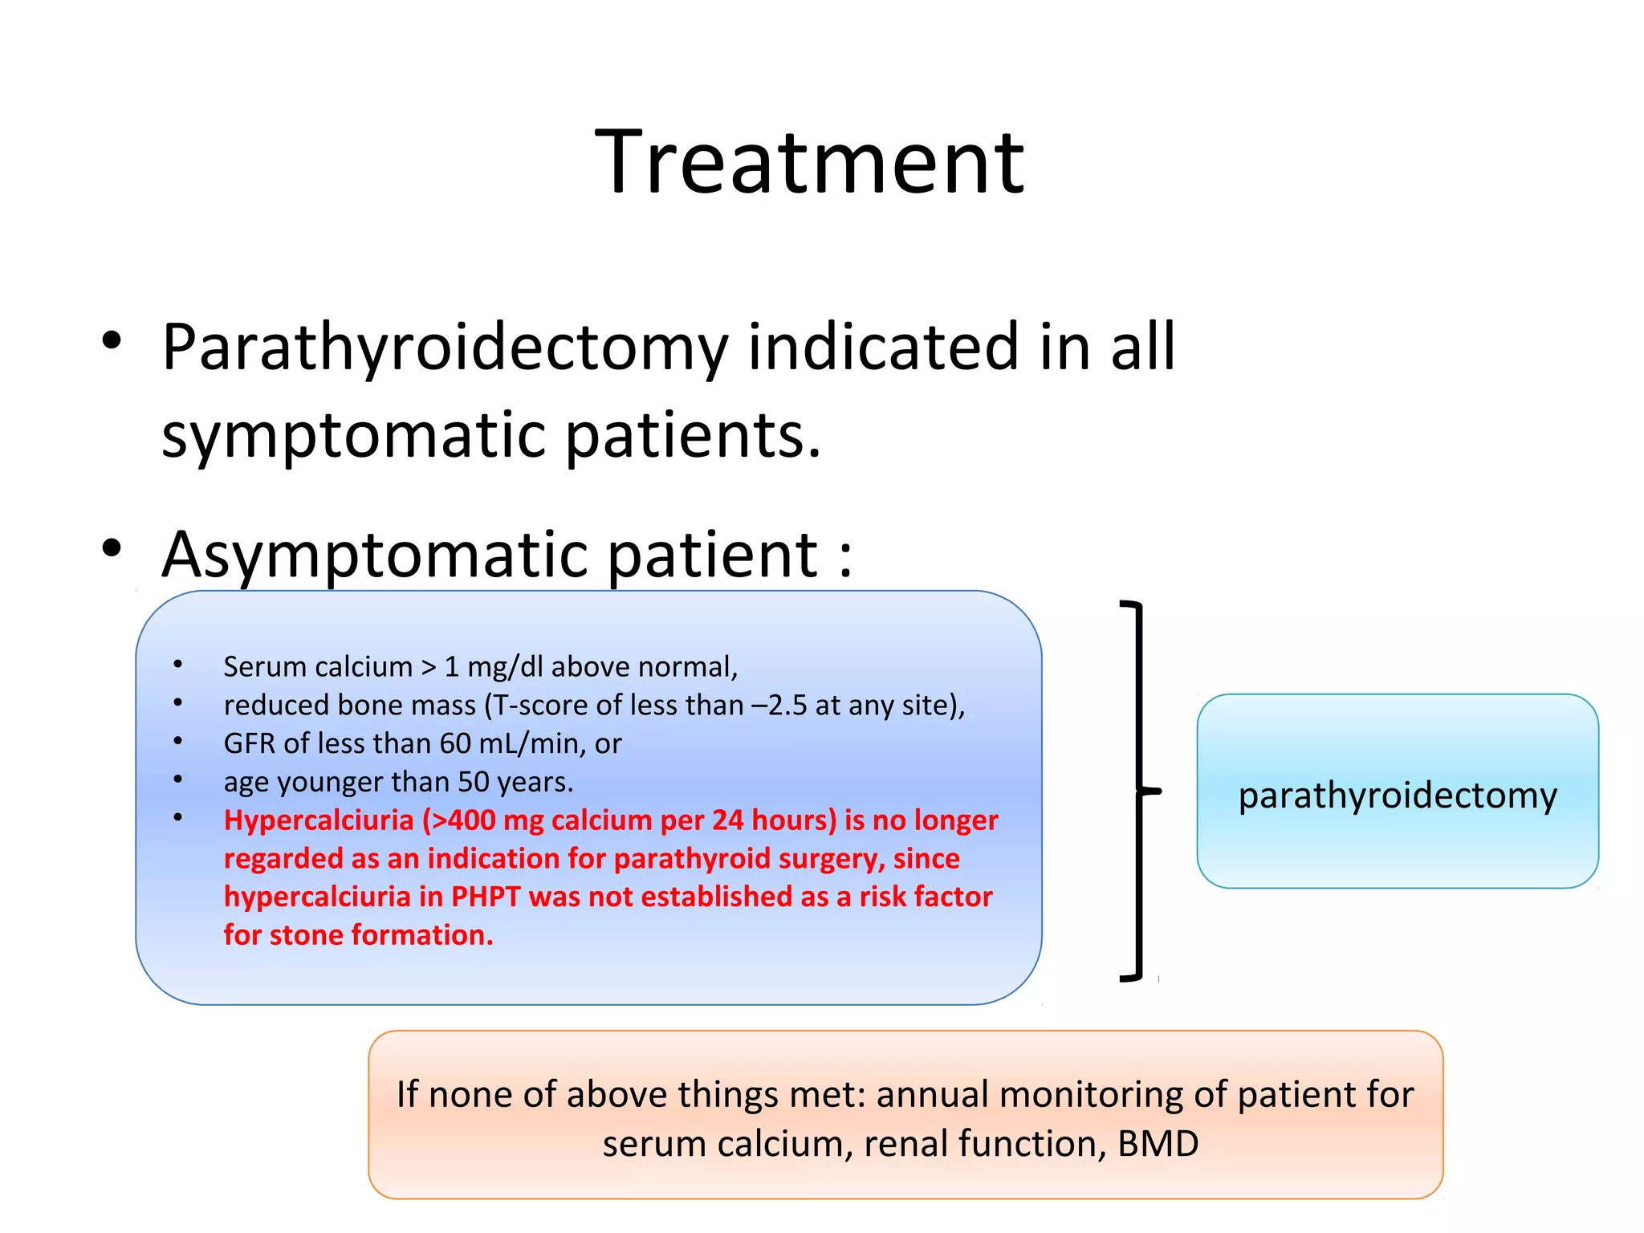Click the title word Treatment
point(809,163)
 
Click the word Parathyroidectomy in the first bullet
point(444,348)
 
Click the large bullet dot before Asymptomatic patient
point(112,549)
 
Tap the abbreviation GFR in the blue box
point(250,744)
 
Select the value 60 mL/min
point(510,744)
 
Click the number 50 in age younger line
point(473,783)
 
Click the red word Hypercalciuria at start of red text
point(318,820)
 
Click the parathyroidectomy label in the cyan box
point(1397,796)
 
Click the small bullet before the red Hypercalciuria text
point(178,818)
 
